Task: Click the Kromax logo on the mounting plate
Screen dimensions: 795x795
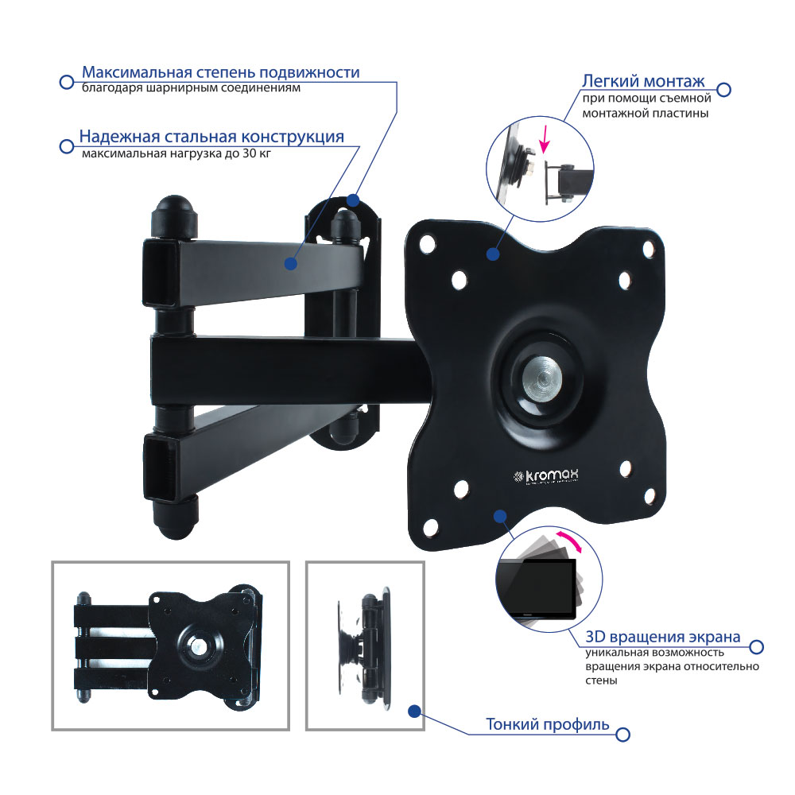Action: tap(545, 476)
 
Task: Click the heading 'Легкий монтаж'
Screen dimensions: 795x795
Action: tap(643, 81)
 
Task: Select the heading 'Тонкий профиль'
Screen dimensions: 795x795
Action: tap(548, 724)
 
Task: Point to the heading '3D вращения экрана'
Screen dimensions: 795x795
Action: tap(663, 636)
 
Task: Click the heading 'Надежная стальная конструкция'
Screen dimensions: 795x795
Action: tap(212, 137)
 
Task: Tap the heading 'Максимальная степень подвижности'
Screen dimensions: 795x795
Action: tap(221, 72)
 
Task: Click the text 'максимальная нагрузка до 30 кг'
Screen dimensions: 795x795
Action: tap(176, 153)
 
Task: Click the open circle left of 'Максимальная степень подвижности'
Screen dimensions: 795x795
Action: tap(67, 82)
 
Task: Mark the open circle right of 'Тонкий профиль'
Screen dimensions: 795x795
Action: tap(622, 734)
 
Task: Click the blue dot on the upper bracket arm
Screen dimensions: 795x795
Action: tap(290, 264)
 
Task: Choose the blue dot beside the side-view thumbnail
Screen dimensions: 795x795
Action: tap(415, 712)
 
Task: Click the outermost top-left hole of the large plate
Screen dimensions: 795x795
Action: tap(428, 243)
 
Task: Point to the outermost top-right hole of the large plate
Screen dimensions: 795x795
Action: tap(649, 250)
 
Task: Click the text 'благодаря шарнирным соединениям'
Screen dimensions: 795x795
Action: tap(191, 88)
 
